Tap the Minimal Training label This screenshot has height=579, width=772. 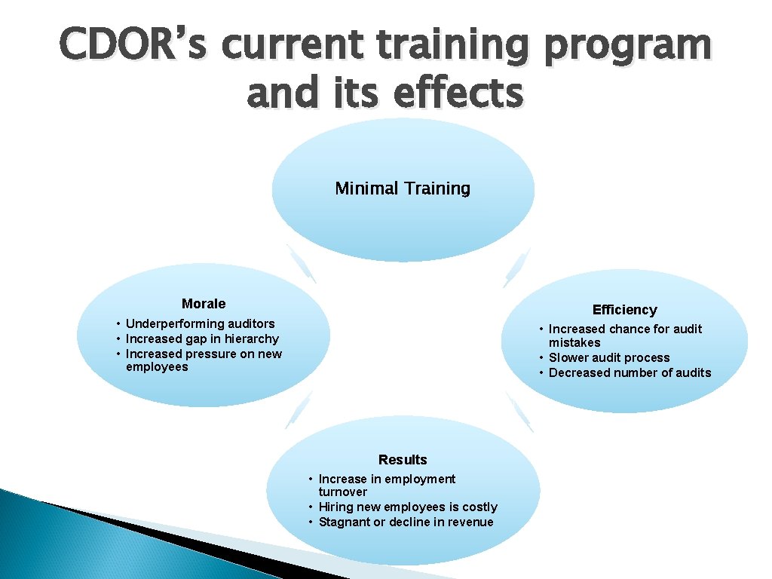pos(403,188)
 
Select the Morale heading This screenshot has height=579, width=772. pos(204,304)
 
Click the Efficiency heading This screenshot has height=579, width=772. pos(624,310)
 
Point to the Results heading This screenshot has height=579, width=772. pos(403,460)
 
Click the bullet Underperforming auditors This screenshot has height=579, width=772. pos(200,324)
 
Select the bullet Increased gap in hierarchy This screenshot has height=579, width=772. pos(202,339)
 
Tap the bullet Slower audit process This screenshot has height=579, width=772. pos(609,358)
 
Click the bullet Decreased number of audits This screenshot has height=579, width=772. pos(630,372)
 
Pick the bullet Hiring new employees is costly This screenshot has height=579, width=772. pos(408,507)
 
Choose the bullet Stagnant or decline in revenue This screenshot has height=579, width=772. pos(406,522)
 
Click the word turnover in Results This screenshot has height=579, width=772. pos(343,492)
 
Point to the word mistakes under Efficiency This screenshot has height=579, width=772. pos(574,343)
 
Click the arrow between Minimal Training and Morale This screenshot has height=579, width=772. pos(301,264)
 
